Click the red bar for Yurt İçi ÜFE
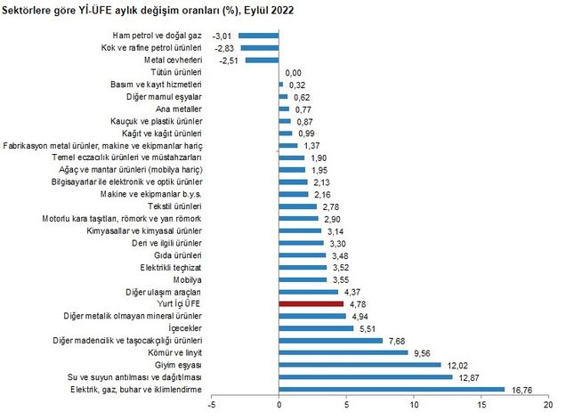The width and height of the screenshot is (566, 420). pyautogui.click(x=311, y=303)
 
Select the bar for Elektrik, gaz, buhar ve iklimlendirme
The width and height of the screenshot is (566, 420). pyautogui.click(x=392, y=389)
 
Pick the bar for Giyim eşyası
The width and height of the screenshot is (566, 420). pyautogui.click(x=360, y=364)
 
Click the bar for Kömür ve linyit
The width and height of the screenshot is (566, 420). pyautogui.click(x=344, y=352)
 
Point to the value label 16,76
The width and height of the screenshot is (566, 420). pyautogui.click(x=522, y=389)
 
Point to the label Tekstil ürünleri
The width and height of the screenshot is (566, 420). pyautogui.click(x=174, y=206)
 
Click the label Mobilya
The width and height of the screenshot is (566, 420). pyautogui.click(x=190, y=279)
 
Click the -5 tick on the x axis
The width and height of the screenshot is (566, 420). pyautogui.click(x=212, y=407)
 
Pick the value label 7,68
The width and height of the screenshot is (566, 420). pyautogui.click(x=399, y=340)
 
